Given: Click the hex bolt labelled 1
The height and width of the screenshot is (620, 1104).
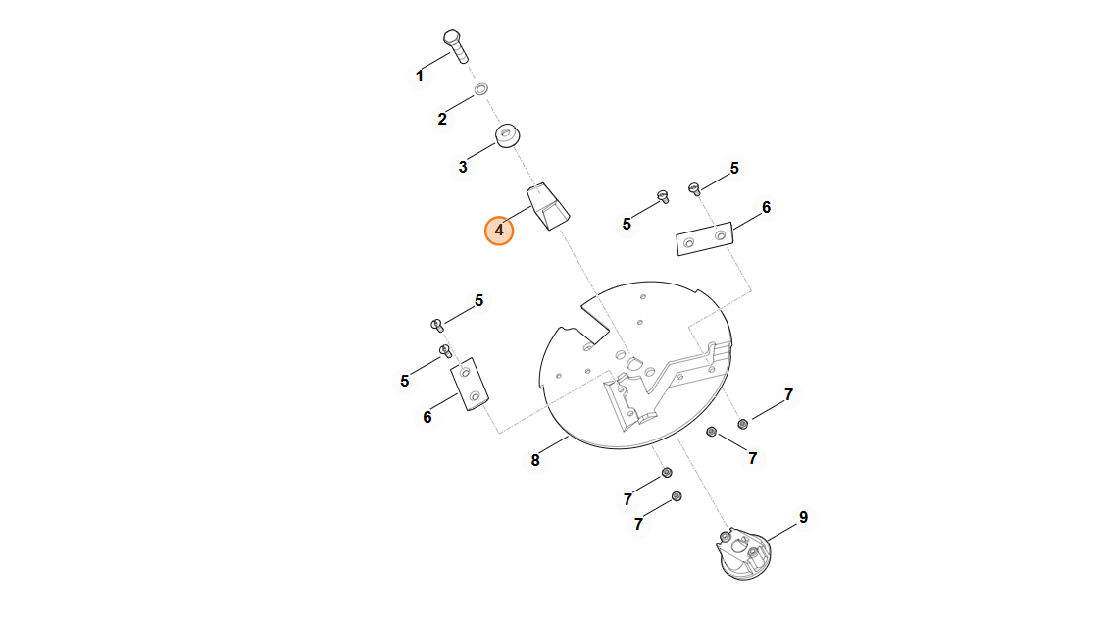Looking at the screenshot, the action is (x=456, y=46).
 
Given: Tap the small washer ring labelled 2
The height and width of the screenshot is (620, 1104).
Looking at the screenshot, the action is (x=480, y=89).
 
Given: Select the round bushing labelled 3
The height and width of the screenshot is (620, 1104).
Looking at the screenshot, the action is (x=507, y=136).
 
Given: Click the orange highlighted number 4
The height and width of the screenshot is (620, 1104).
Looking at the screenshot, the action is (x=499, y=231).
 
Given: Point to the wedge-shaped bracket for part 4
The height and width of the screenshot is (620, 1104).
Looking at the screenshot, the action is (x=548, y=206).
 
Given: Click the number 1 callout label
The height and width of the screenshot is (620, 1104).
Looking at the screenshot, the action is (x=420, y=77).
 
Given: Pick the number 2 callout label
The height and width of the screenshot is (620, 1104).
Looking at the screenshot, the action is (x=442, y=119).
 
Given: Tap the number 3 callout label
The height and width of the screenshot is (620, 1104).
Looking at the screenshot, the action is (x=463, y=167).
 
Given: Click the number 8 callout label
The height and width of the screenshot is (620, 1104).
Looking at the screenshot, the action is (x=535, y=461).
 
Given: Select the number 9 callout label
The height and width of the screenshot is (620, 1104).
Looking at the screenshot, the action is (x=803, y=518).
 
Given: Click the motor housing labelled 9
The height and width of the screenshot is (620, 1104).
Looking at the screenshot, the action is (x=743, y=553).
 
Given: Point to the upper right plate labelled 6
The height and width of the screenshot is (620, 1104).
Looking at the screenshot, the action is (x=705, y=238).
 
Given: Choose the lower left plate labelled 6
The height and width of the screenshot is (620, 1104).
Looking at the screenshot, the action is (x=470, y=384).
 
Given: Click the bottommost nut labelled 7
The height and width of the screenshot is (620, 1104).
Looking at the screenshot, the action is (x=677, y=496).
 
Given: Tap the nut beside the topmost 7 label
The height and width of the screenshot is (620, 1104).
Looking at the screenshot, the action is (x=743, y=424).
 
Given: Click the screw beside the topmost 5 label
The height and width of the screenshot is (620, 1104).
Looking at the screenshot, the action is (x=694, y=188).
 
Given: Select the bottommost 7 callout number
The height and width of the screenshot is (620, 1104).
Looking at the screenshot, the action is (x=638, y=524).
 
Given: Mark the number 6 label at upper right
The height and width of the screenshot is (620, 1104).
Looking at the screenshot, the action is (x=766, y=208).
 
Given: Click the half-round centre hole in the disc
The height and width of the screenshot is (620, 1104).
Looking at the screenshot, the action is (x=636, y=363).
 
